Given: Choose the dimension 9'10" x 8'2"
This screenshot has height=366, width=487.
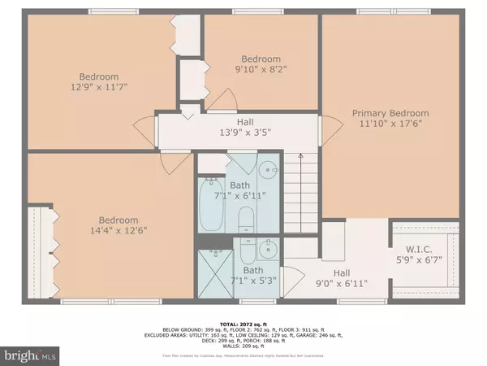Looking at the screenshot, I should point(261,70).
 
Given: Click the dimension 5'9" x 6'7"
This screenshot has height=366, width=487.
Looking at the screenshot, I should point(420,262).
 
